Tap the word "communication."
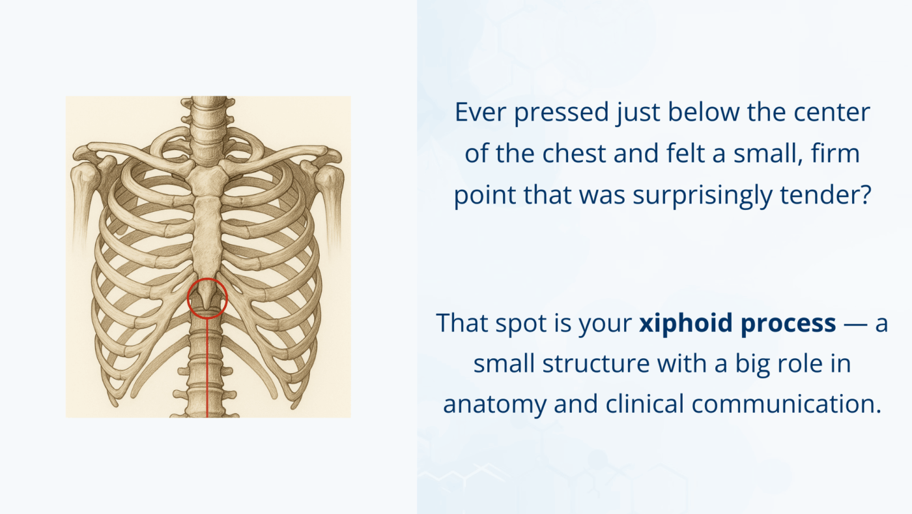[x=786, y=404]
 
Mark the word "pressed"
[x=559, y=112]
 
